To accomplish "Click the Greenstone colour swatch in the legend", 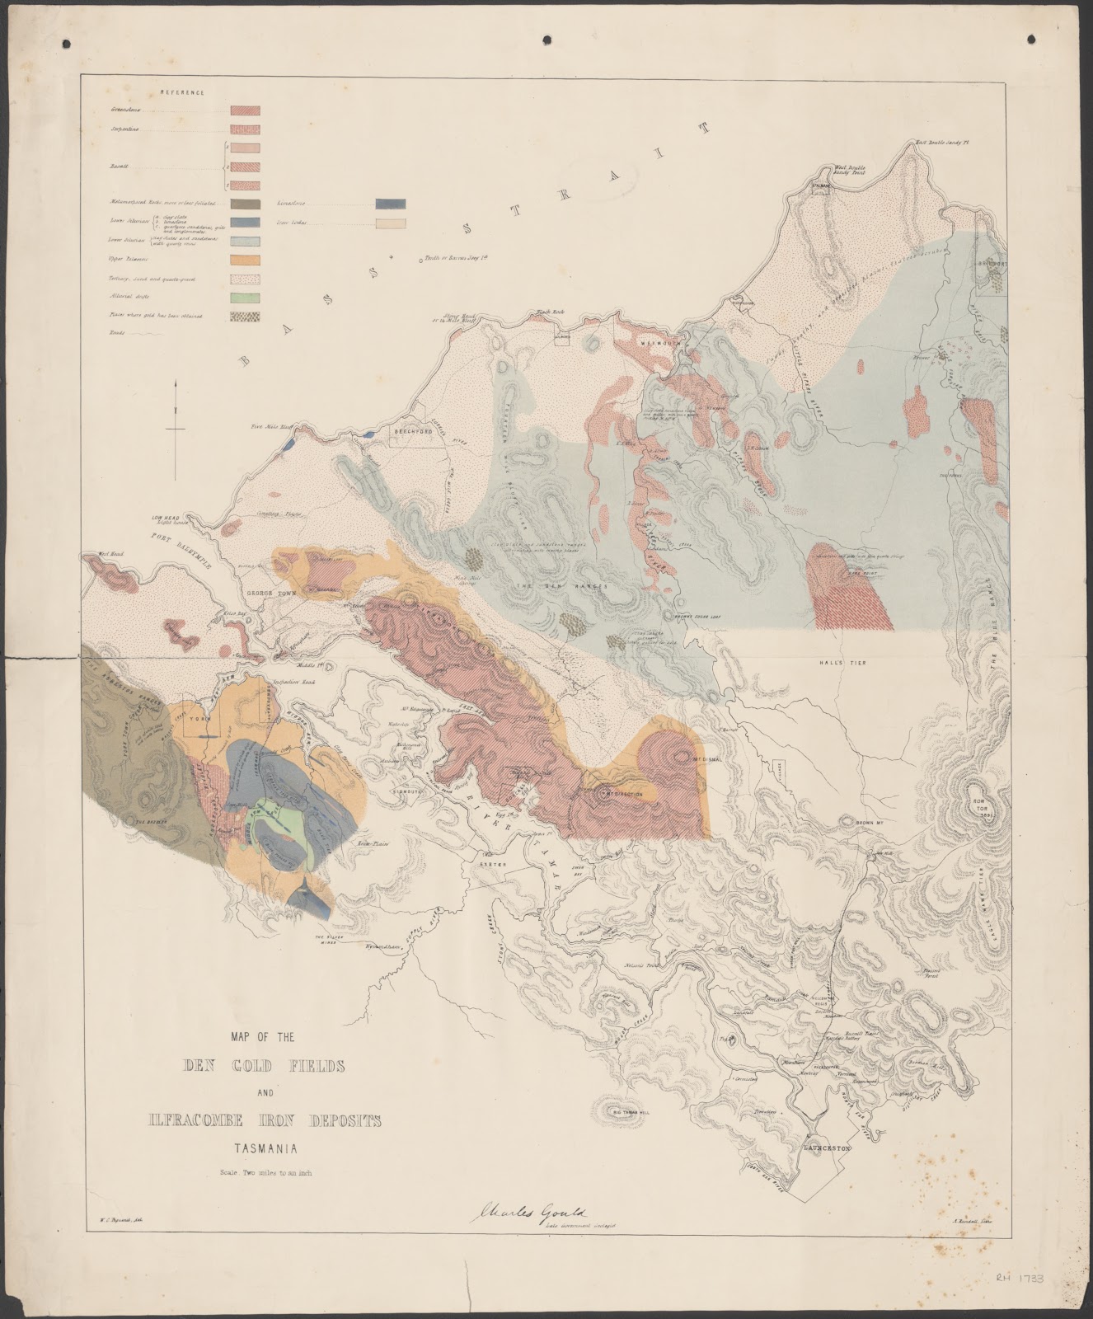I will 245,110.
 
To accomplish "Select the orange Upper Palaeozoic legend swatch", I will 245,260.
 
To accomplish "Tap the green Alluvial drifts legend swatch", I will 245,298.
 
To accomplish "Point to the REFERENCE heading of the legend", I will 183,93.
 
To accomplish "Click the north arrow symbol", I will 176,429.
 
